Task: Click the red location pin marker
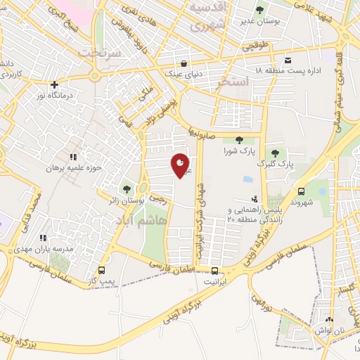click(181, 165)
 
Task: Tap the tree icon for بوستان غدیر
click(260, 10)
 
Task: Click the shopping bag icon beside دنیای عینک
click(184, 60)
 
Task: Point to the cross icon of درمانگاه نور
click(55, 85)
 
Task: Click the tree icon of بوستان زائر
click(127, 188)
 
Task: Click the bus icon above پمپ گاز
click(103, 270)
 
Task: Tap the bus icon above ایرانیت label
click(214, 270)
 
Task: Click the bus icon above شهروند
click(302, 191)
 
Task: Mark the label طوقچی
click(252, 46)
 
